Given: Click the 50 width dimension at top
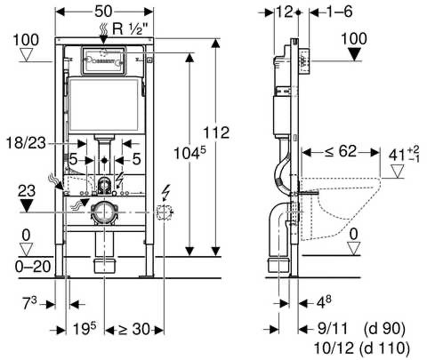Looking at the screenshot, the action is (x=103, y=12).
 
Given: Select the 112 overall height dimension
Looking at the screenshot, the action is (x=216, y=132).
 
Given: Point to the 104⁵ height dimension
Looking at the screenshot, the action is (x=189, y=153).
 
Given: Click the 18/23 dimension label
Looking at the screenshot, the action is (x=26, y=143).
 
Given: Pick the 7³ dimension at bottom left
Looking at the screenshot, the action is (x=29, y=304).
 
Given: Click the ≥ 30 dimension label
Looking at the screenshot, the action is (x=134, y=329).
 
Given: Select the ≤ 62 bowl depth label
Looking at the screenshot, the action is (x=341, y=151).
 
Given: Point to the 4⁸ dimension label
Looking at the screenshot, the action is (x=324, y=302).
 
